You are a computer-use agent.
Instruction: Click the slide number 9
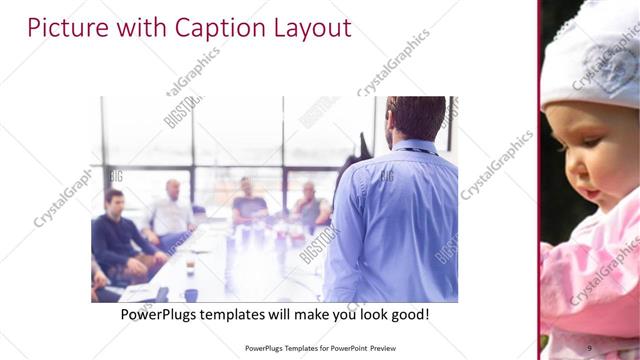590,347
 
